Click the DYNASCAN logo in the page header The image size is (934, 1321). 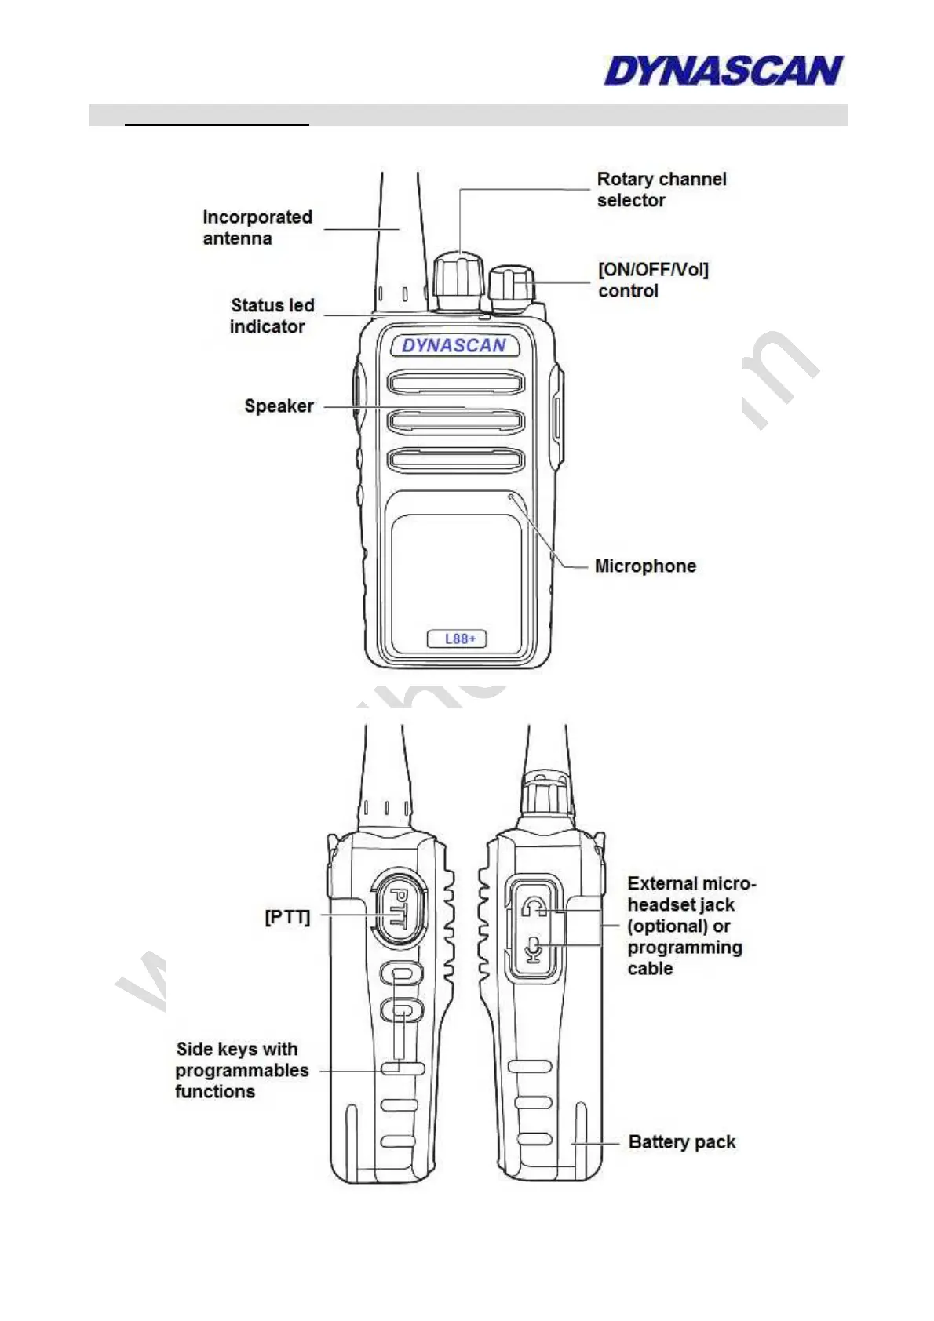[x=723, y=71]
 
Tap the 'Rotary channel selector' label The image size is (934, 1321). [x=661, y=190]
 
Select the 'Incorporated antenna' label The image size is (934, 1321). [x=257, y=227]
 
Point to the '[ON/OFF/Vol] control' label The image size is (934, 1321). [x=652, y=280]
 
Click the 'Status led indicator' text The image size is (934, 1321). [x=271, y=316]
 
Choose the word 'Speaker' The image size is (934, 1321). [x=279, y=406]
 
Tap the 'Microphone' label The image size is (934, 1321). [x=644, y=566]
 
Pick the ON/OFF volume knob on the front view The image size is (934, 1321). [x=511, y=287]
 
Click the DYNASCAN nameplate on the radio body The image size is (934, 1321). [x=454, y=346]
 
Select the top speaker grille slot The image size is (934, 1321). [x=455, y=383]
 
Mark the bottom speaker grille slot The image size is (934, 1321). [x=455, y=460]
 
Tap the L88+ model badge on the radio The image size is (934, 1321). [x=457, y=639]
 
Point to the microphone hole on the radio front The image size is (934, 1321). [x=512, y=496]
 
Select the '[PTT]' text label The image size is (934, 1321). [x=287, y=917]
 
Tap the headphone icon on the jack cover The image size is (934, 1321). [x=533, y=907]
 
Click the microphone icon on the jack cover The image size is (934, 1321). [x=533, y=950]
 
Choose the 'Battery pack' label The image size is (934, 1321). [x=681, y=1142]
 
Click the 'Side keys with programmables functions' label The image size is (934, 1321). [x=241, y=1070]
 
